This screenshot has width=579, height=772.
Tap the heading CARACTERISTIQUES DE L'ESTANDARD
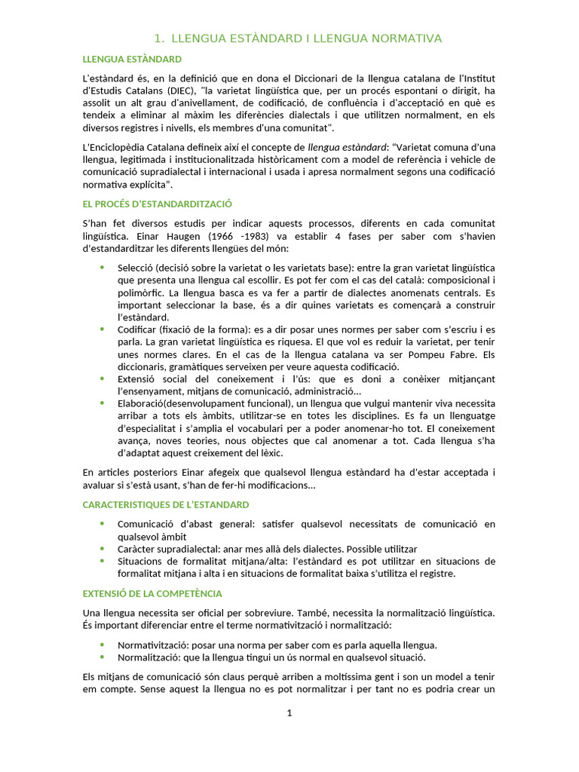point(165,504)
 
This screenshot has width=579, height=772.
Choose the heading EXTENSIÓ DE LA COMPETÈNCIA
point(152,594)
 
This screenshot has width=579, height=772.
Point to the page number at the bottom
point(289,714)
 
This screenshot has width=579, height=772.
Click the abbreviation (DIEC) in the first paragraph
point(183,90)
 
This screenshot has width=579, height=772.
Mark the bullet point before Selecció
point(102,267)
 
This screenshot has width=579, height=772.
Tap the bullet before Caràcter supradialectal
point(102,548)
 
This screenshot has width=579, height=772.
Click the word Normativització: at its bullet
point(153,645)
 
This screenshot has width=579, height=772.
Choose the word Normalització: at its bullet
point(150,657)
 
